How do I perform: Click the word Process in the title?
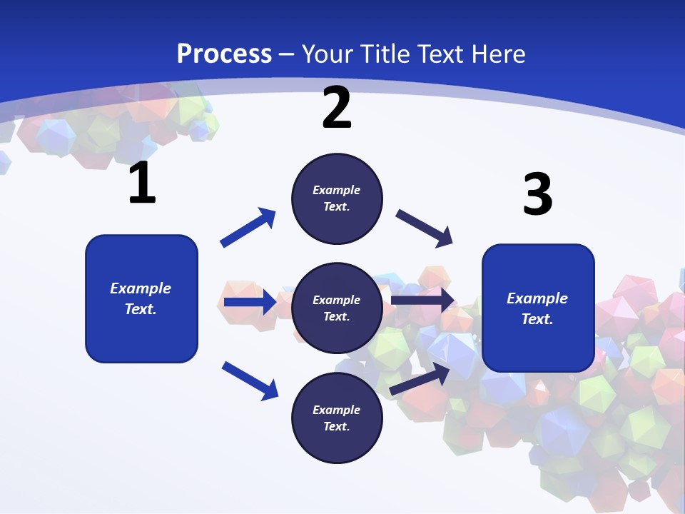coord(224,54)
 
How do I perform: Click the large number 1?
coord(142,183)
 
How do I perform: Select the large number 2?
coord(337,108)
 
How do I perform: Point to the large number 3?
coord(537,195)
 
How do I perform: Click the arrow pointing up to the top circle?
coord(248,228)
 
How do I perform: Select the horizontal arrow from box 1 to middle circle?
coord(250,302)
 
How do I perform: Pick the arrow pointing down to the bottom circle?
coord(250,380)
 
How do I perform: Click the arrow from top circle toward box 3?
coord(424,228)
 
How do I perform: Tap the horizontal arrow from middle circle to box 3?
coord(422,301)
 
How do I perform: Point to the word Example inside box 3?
coord(537,298)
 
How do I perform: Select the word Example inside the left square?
coord(141,288)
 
